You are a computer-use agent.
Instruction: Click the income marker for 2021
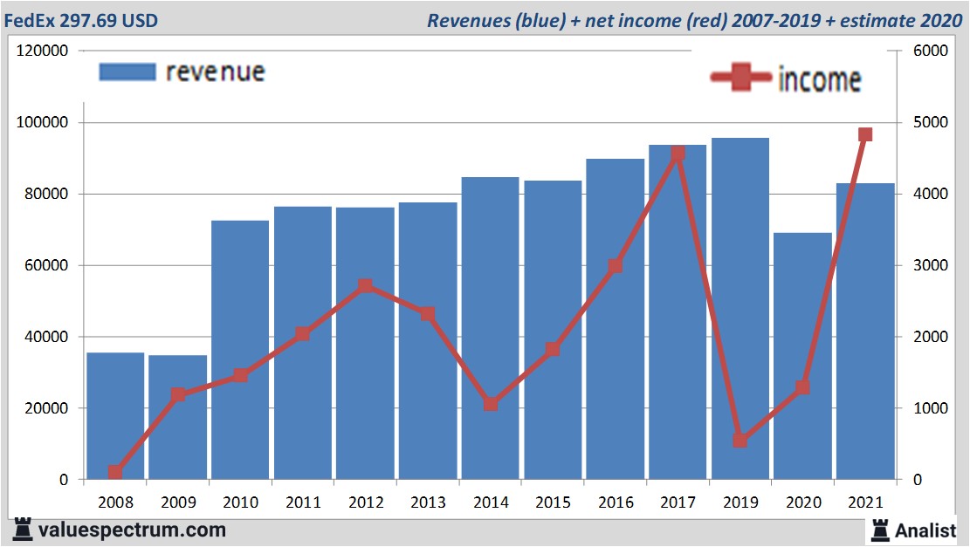pyautogui.click(x=865, y=134)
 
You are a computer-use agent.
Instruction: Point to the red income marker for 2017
pyautogui.click(x=678, y=154)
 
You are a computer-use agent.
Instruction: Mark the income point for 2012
pyautogui.click(x=365, y=286)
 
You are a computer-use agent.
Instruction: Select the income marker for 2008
pyautogui.click(x=115, y=472)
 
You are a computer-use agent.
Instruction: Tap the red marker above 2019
pyautogui.click(x=740, y=441)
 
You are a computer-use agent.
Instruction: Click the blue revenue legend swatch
pyautogui.click(x=127, y=72)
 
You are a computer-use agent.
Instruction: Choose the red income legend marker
pyautogui.click(x=741, y=79)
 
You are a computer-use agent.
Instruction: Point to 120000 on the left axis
pyautogui.click(x=42, y=51)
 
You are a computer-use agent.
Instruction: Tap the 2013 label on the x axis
pyautogui.click(x=428, y=503)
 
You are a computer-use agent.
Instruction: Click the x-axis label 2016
pyautogui.click(x=615, y=503)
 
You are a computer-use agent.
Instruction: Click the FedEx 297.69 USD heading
pyautogui.click(x=81, y=20)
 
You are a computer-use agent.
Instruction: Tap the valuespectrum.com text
pyautogui.click(x=132, y=530)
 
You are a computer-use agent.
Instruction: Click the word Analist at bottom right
pyautogui.click(x=926, y=530)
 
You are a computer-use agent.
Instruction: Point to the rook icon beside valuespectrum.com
pyautogui.click(x=22, y=529)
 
